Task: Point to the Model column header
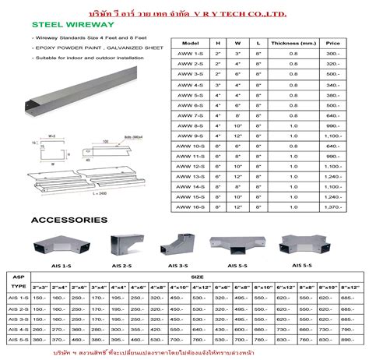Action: point(190,42)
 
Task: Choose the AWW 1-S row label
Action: point(190,55)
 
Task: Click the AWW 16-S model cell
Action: point(190,208)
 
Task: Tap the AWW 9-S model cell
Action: point(190,136)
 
